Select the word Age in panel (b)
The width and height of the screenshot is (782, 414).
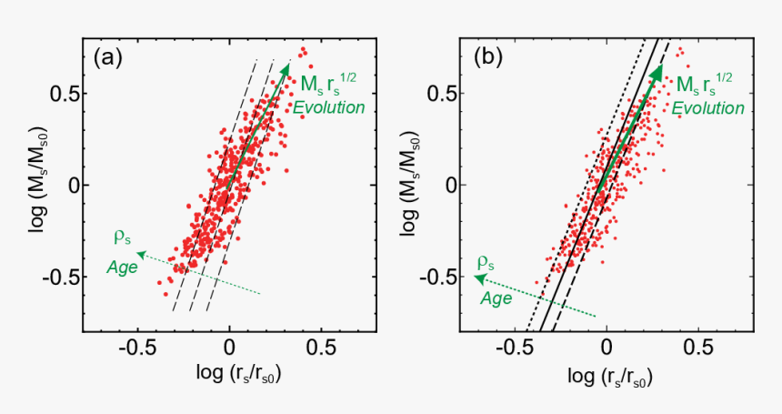(x=496, y=298)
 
